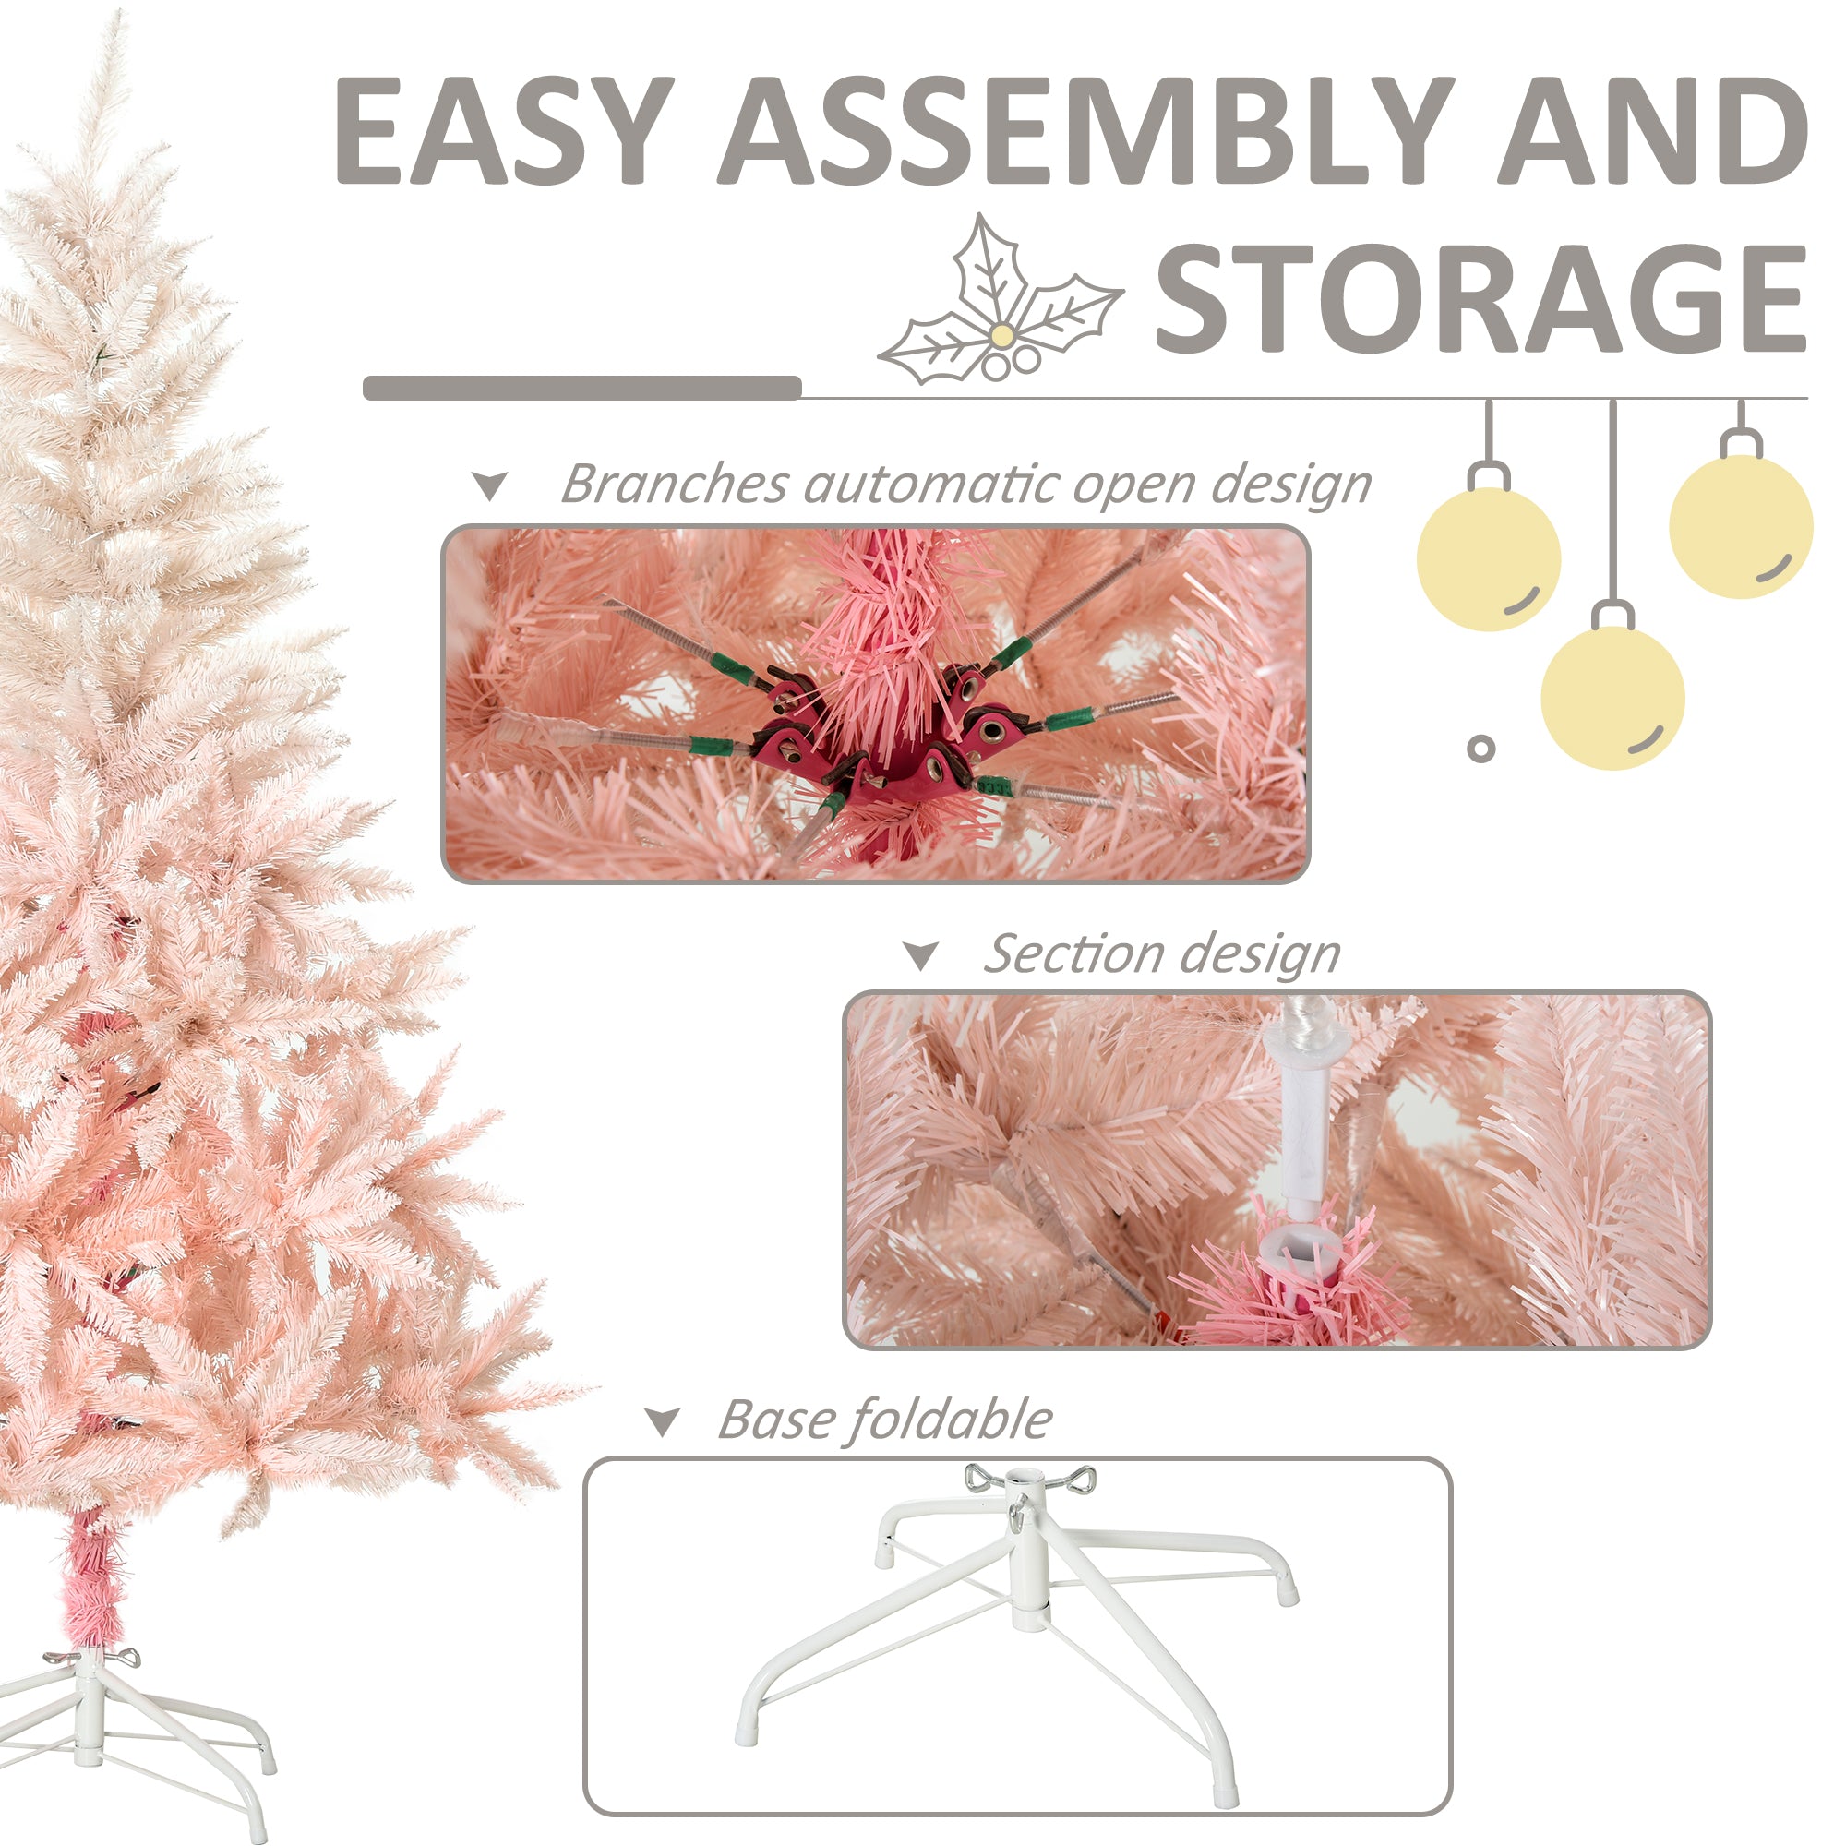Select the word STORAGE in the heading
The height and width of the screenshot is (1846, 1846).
click(1480, 297)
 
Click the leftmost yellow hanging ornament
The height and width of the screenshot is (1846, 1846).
click(1488, 559)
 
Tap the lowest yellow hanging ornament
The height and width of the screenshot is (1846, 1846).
click(1612, 699)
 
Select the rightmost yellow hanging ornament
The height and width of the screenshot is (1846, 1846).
click(1740, 526)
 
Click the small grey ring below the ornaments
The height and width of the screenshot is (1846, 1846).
click(1481, 749)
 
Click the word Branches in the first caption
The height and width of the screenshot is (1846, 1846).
click(673, 485)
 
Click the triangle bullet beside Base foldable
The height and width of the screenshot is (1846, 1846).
click(661, 1421)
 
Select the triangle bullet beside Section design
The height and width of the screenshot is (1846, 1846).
click(921, 955)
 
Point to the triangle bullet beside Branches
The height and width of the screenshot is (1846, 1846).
click(490, 486)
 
